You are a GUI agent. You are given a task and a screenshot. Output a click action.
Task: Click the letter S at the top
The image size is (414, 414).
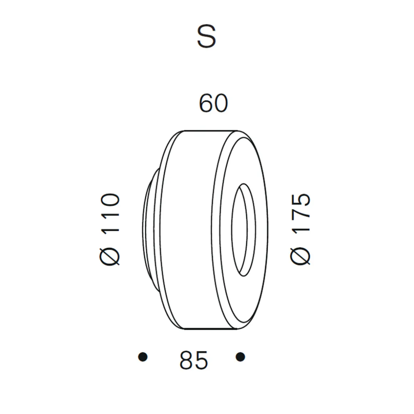206,37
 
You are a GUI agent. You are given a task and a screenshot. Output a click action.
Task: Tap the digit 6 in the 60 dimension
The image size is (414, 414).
206,104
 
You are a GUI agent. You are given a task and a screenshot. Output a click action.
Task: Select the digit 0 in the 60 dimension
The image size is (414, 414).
220,104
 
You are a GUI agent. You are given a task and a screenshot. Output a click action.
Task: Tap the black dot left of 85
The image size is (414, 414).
143,357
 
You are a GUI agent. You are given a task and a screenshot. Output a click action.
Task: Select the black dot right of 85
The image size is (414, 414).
241,357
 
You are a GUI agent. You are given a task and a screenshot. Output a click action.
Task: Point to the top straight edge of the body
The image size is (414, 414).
211,131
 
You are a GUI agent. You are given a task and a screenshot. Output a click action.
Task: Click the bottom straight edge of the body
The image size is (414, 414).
211,329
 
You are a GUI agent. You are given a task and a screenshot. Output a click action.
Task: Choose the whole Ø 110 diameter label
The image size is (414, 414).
109,229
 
